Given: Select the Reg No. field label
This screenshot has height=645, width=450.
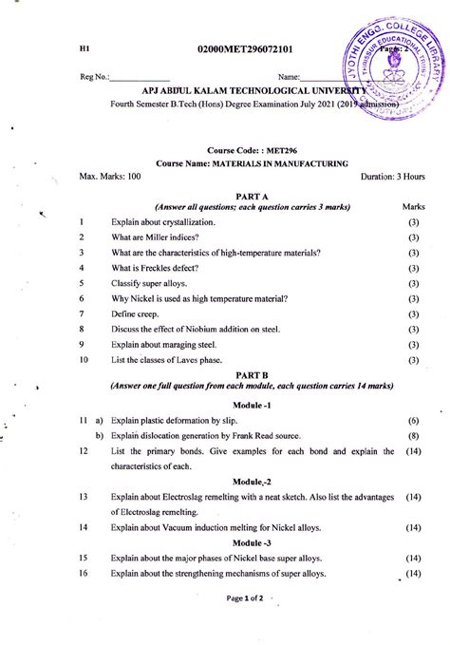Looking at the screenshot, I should click(x=95, y=76).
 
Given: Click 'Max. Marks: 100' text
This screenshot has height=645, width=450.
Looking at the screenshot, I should click(x=110, y=177).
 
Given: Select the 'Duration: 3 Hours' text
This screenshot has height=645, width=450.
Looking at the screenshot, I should click(x=393, y=177).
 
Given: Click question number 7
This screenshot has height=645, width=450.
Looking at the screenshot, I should click(x=83, y=313).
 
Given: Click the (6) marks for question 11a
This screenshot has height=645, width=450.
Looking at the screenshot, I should click(x=413, y=420).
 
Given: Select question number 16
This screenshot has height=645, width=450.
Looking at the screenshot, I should click(x=84, y=574).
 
